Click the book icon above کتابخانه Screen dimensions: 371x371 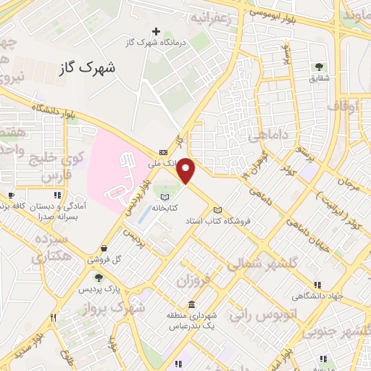click(164, 197)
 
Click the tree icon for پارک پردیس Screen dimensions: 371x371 click(98, 277)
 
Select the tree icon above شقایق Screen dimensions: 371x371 click(319, 68)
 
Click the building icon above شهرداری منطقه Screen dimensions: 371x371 click(191, 304)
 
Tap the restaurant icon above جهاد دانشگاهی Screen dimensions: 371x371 click(317, 285)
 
